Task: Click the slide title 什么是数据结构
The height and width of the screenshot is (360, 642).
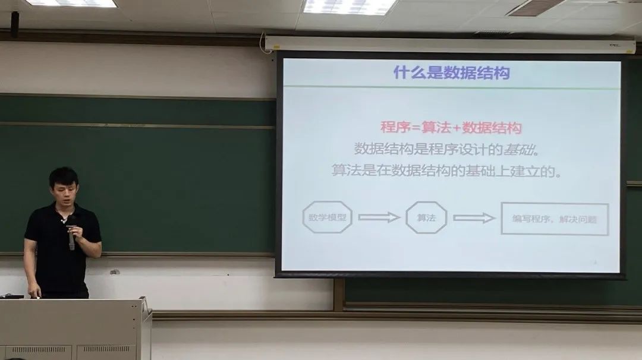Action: (x=452, y=73)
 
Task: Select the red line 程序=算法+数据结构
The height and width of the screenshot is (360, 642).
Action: (x=451, y=128)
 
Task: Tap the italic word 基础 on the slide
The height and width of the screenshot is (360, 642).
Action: (x=519, y=150)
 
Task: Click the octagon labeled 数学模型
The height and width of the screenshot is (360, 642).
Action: (x=327, y=217)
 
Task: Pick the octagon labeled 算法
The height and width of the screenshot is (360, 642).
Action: (x=426, y=217)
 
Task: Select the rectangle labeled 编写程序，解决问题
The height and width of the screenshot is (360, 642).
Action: (x=555, y=219)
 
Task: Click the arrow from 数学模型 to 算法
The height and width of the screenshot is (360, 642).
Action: (x=379, y=217)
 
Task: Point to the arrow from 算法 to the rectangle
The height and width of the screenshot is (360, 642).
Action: (x=474, y=218)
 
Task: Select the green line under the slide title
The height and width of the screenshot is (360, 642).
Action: (x=452, y=87)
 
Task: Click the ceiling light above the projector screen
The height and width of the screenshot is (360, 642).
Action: (x=350, y=6)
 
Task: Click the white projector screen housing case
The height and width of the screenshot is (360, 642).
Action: (x=451, y=45)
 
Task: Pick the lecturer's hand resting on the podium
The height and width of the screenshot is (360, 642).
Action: (x=35, y=292)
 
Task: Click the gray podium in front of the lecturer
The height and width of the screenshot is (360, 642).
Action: (x=75, y=329)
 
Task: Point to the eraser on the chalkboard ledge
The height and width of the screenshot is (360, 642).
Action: (x=115, y=271)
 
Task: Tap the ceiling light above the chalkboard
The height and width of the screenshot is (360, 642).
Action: (x=71, y=3)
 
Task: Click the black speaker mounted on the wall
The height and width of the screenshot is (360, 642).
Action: (x=15, y=24)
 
